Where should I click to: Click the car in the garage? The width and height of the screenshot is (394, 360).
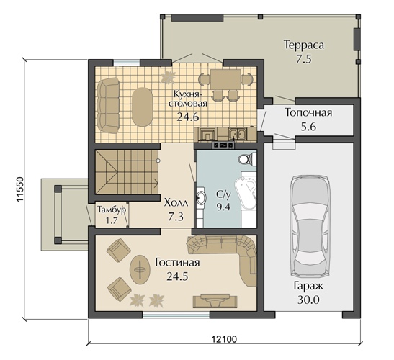pos(309,227)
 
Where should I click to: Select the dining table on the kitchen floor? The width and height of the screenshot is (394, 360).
pos(225,79)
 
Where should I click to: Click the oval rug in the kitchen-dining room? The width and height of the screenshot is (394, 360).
pos(143,107)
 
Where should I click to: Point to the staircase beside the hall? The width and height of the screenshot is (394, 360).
pos(127,172)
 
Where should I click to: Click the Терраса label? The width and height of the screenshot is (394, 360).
pos(304,45)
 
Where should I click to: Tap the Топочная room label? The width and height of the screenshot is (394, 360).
pos(308,112)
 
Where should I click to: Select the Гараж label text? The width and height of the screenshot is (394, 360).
pos(308,286)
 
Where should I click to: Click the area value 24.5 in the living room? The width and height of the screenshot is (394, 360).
pos(177,276)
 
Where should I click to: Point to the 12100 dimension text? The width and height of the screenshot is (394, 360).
pos(224,339)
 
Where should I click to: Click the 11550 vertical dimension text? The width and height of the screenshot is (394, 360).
pos(20,189)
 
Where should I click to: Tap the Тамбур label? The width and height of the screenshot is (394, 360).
pos(112,210)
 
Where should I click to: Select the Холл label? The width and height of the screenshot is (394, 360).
pos(176,202)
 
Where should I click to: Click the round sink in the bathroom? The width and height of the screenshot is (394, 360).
pos(201,198)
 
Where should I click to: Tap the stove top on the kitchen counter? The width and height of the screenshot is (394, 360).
pos(223,145)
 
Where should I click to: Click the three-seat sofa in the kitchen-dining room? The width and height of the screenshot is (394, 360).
pos(108,106)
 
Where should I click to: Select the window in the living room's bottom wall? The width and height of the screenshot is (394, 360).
pos(176,314)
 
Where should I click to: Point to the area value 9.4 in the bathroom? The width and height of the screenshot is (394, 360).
pos(223,207)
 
